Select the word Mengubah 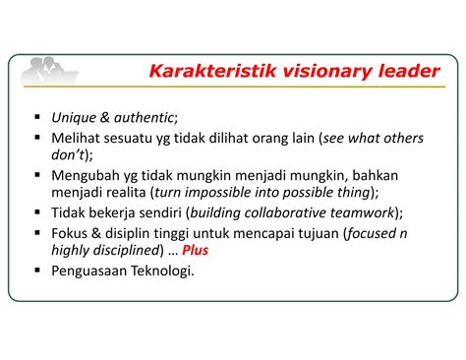pos(85,174)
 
